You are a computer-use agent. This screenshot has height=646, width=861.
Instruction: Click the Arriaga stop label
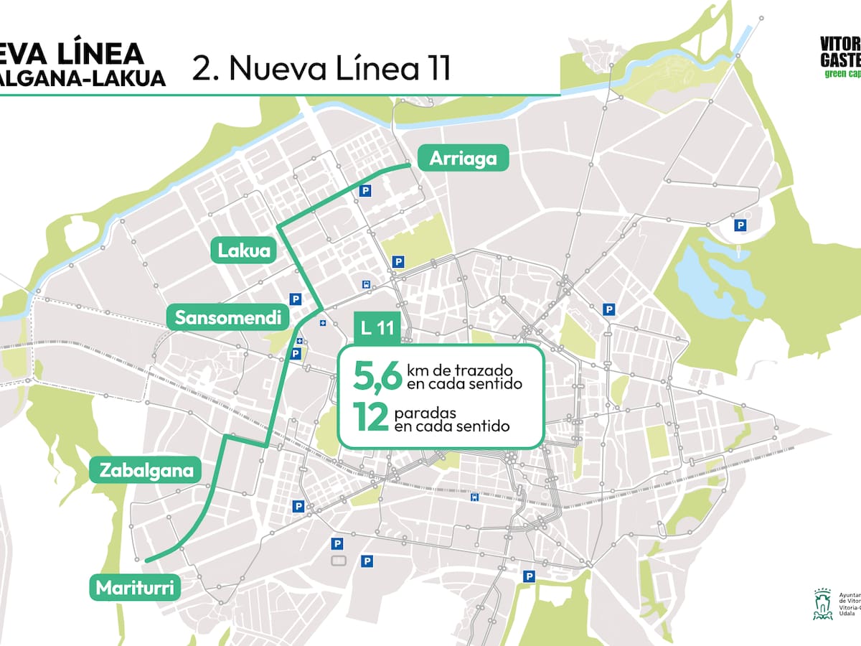463,159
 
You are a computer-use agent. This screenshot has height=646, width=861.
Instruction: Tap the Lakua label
244,251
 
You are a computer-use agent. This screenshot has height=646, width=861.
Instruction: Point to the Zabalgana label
147,471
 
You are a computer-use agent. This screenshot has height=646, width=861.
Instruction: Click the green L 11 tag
377,329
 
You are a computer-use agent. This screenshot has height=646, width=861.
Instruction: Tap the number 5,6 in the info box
376,376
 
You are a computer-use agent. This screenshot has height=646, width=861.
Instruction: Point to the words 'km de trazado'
459,370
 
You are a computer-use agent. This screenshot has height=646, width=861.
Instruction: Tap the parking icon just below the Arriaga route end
366,191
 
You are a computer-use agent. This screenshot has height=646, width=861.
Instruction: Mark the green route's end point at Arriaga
409,165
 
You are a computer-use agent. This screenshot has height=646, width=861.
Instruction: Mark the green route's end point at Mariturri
146,559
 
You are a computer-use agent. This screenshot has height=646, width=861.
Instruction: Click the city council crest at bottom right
822,604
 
